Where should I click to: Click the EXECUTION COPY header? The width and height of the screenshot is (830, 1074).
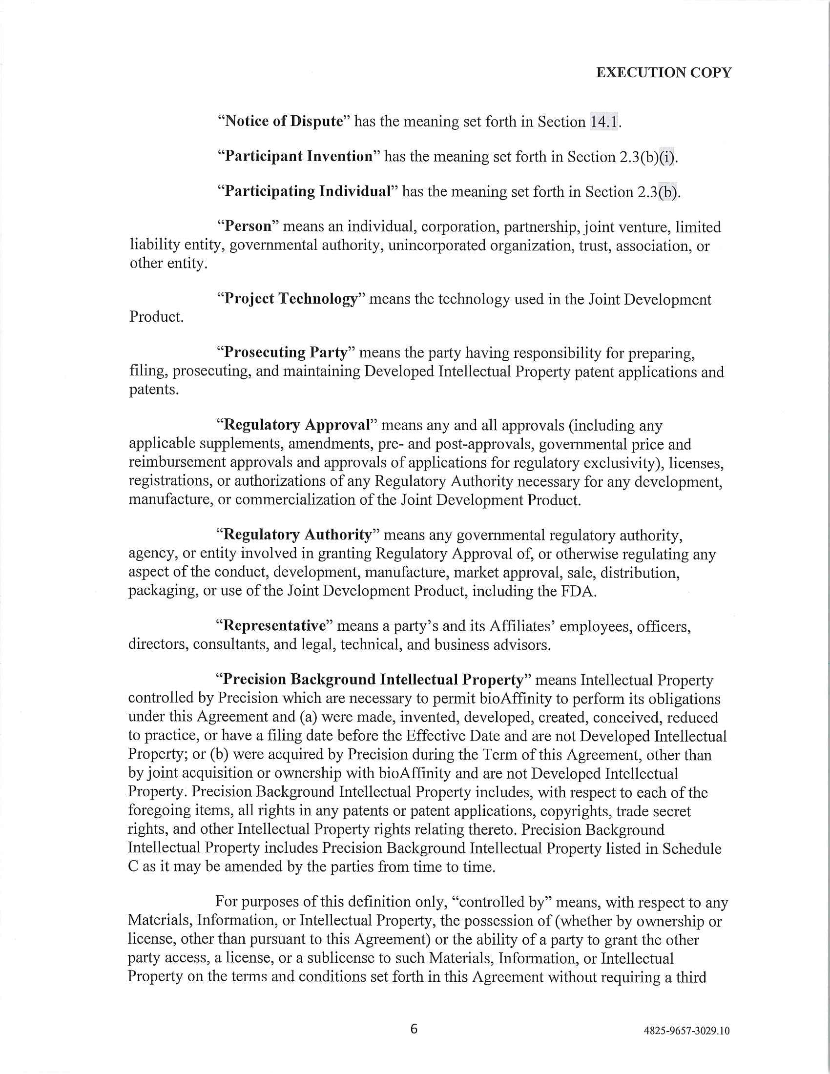664,73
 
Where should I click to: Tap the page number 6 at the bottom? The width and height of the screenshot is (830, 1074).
414,1029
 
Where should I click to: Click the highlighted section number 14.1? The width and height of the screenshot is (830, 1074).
604,122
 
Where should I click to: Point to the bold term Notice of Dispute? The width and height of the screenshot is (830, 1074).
283,122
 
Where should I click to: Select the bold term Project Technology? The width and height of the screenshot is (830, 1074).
290,299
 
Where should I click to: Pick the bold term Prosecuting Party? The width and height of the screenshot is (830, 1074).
286,352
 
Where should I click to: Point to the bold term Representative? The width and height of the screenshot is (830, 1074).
274,626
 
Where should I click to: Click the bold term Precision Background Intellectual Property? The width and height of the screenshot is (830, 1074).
373,680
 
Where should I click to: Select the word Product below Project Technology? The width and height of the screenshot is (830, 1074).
156,317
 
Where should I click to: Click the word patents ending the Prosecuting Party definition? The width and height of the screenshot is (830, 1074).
152,390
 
